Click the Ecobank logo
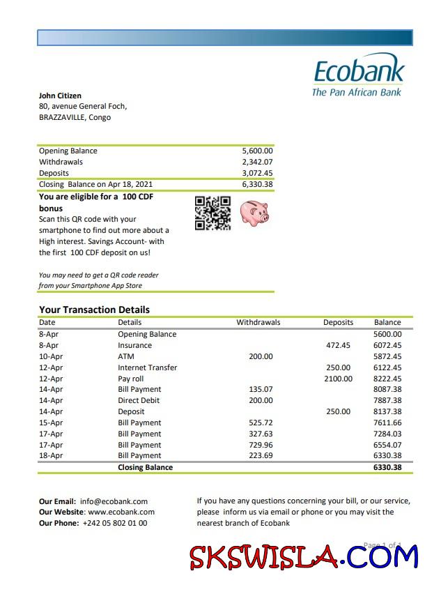[358, 77]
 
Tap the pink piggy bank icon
[254, 212]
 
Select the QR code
[213, 213]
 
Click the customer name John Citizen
[60, 96]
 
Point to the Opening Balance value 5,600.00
[257, 151]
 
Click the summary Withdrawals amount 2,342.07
[257, 162]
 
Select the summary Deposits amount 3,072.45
[257, 173]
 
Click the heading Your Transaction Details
[94, 310]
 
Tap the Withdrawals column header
[258, 322]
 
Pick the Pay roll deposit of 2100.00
[338, 379]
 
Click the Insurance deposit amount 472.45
[338, 345]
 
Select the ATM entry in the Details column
[126, 356]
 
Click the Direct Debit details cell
[139, 400]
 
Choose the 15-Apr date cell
[51, 423]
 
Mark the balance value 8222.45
[387, 379]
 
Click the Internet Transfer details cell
[147, 367]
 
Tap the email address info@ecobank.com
[114, 501]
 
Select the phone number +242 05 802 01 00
[115, 523]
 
